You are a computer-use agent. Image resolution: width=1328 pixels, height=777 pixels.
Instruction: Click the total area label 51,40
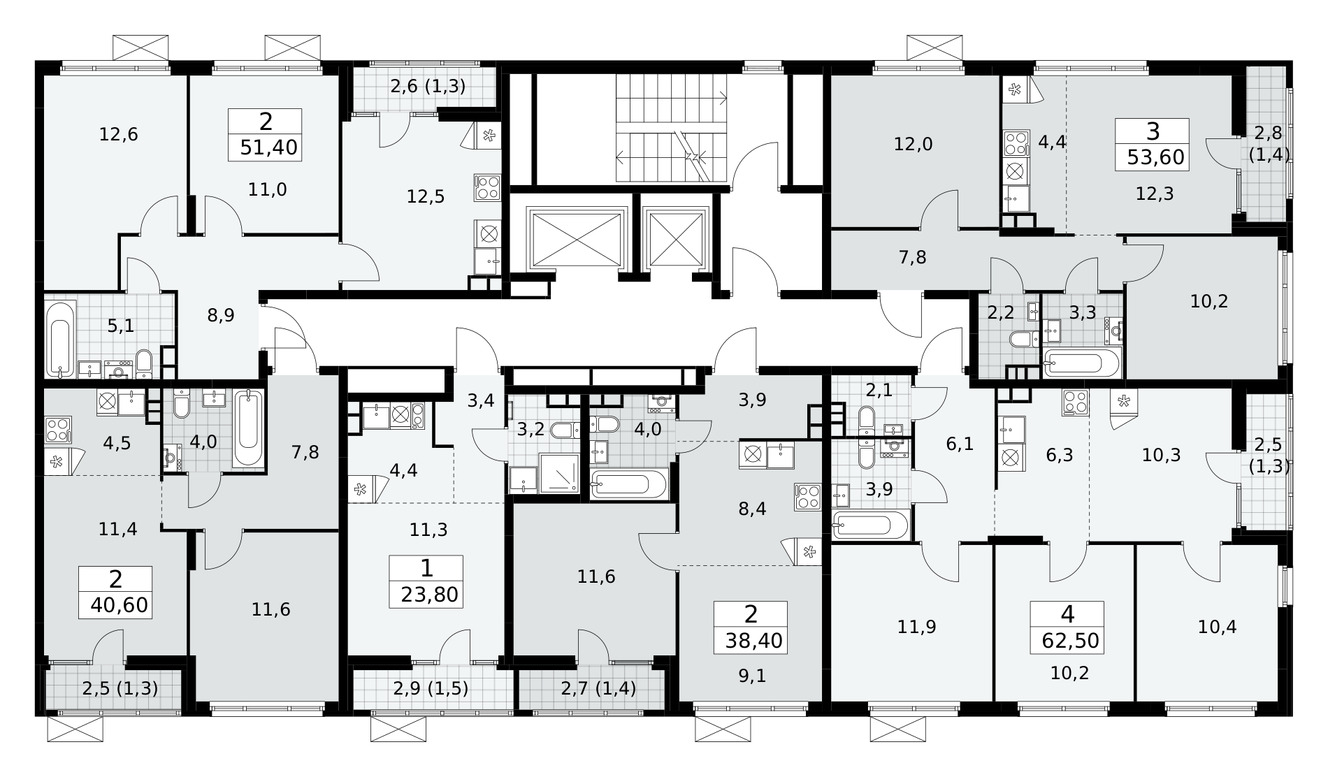click(268, 147)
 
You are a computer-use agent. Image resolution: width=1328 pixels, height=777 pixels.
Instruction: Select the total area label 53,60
click(1156, 157)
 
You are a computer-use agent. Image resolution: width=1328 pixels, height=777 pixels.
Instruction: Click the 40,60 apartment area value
click(119, 605)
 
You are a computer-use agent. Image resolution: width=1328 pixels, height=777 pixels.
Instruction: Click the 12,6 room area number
click(118, 134)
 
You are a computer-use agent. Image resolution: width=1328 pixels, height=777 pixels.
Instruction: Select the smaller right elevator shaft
click(676, 238)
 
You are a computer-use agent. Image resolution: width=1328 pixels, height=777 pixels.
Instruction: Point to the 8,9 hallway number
click(221, 315)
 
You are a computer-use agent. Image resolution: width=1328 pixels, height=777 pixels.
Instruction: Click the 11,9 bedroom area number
click(916, 627)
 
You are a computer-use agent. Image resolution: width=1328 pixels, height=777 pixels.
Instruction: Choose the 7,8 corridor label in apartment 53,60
click(913, 258)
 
